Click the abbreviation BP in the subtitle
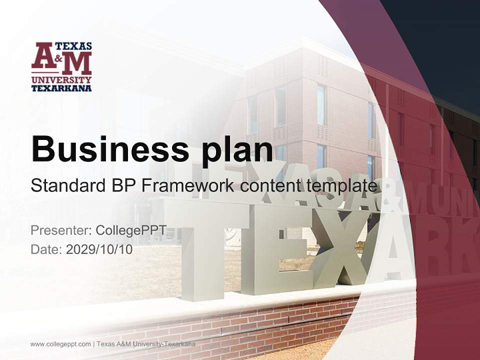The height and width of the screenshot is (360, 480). (x=123, y=186)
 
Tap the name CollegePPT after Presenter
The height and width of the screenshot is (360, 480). (x=131, y=231)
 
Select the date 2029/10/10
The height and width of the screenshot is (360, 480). (x=99, y=249)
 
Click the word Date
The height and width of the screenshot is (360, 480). (x=45, y=249)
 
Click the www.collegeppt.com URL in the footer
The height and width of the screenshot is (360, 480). (x=60, y=344)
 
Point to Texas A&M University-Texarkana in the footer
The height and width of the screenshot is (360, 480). (x=145, y=344)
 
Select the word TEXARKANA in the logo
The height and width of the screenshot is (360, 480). (x=61, y=88)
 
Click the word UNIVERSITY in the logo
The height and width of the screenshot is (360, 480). (x=61, y=80)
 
